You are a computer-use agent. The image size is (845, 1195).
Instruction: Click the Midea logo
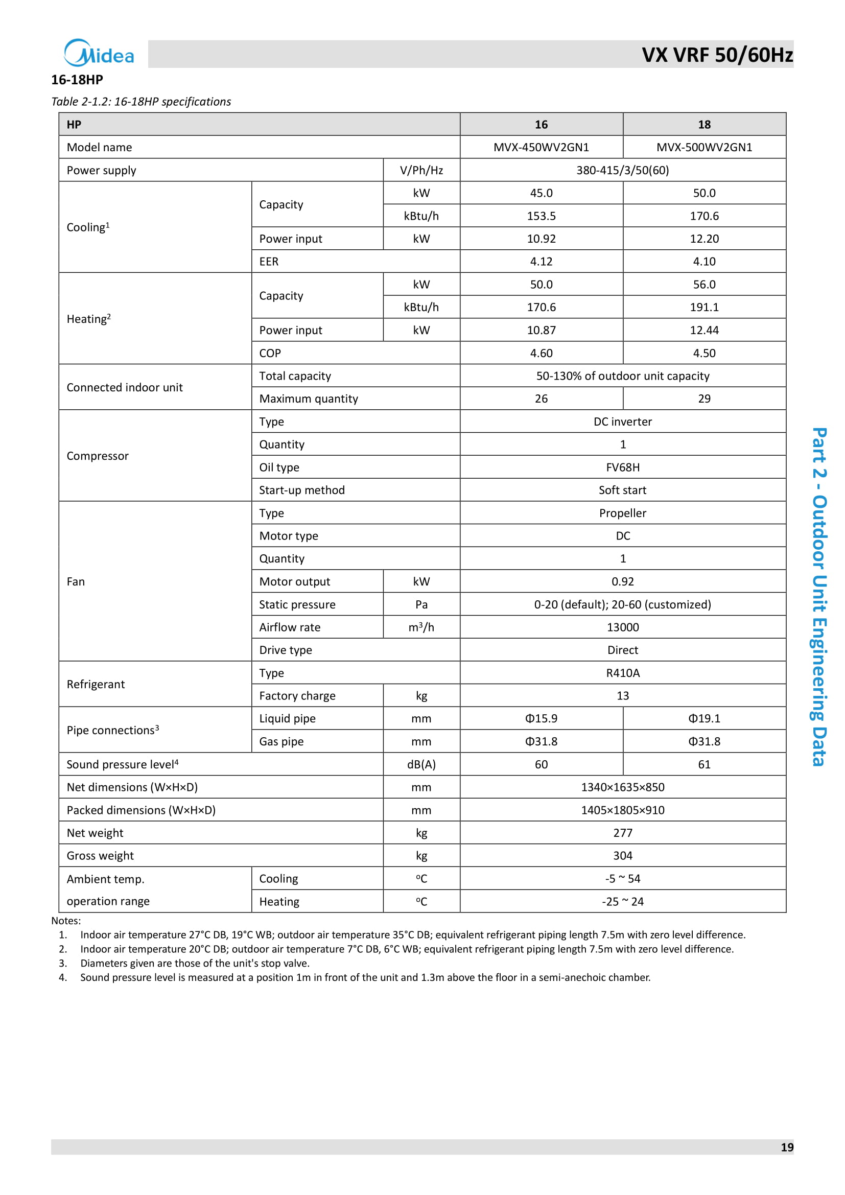point(99,53)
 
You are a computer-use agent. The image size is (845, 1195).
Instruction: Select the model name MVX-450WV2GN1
point(541,147)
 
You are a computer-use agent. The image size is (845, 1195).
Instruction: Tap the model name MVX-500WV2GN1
point(704,147)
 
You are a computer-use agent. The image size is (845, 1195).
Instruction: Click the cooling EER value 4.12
point(541,261)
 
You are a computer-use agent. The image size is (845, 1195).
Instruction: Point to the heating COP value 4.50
point(704,353)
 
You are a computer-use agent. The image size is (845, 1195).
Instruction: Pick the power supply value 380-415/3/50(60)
point(622,170)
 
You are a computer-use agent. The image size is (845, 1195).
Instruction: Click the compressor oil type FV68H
point(622,467)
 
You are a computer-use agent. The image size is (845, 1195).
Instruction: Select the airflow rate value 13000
point(622,627)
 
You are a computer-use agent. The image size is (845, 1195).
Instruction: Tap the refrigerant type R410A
point(622,673)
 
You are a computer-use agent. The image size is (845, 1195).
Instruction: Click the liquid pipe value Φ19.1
point(704,718)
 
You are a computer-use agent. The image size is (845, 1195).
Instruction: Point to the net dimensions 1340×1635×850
point(622,787)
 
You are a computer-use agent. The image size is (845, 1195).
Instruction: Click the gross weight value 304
point(622,856)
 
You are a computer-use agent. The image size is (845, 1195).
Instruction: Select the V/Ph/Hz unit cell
point(421,170)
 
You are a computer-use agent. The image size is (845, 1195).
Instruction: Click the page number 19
point(787,1147)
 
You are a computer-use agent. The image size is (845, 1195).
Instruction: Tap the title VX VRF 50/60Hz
point(717,55)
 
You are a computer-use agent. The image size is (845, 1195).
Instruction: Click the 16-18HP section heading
point(77,80)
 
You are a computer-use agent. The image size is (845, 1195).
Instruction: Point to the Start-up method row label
point(302,490)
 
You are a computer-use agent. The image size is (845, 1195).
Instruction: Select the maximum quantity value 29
point(704,399)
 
